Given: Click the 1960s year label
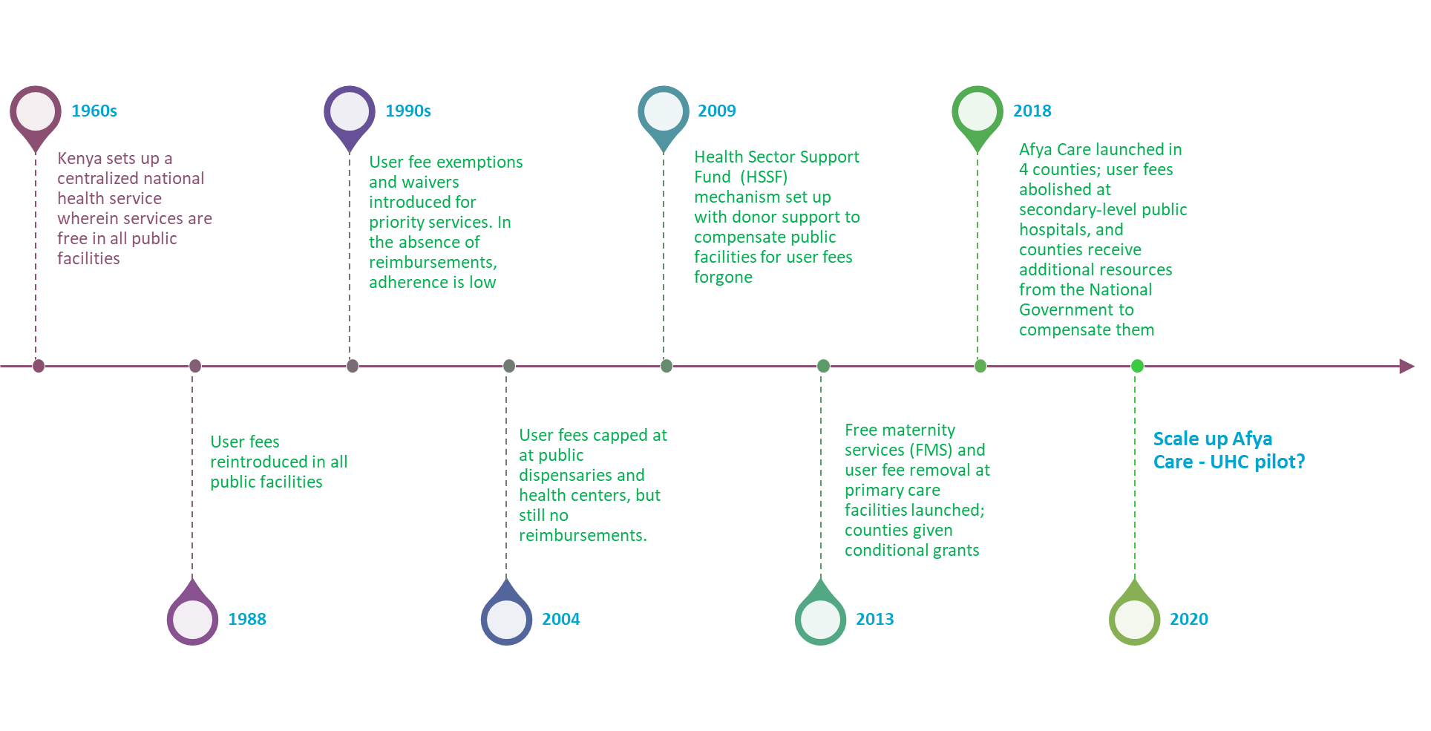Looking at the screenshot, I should (94, 111).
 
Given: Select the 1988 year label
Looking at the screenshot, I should (247, 619).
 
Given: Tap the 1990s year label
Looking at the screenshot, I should (408, 111).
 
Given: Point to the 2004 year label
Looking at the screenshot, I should (561, 619).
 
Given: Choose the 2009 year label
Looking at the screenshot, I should (717, 111).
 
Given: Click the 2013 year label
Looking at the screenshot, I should (875, 619).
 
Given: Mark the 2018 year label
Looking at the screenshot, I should (1032, 111).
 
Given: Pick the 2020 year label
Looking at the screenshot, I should (1189, 619).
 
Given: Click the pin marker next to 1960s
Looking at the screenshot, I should (36, 113).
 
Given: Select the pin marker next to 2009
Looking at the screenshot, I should (664, 113).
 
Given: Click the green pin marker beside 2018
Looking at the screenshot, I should (978, 113).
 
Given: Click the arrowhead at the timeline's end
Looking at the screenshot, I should (1407, 366).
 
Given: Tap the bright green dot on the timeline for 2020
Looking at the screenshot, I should (1137, 366).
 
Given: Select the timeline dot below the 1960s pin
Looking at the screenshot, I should (39, 366).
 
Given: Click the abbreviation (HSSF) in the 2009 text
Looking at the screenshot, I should (764, 177).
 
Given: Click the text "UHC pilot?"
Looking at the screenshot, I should (1257, 462).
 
